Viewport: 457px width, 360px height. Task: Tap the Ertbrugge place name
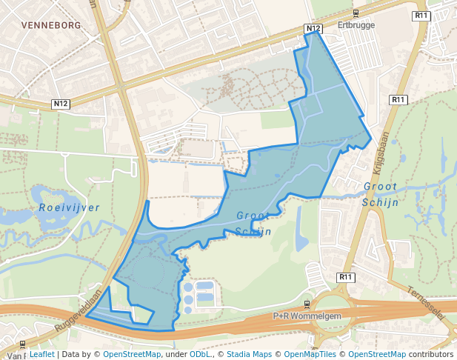pyautogui.click(x=356, y=24)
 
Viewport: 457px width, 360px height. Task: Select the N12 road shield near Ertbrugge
pyautogui.click(x=313, y=29)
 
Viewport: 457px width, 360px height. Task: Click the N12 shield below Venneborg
pyautogui.click(x=61, y=104)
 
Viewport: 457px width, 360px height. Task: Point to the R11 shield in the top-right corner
pyautogui.click(x=421, y=16)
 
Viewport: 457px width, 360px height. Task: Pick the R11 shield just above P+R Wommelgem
pyautogui.click(x=346, y=277)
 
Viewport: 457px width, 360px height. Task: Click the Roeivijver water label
pyautogui.click(x=70, y=207)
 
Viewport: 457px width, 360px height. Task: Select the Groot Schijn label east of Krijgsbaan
pyautogui.click(x=381, y=194)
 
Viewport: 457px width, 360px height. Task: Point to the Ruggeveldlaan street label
pyautogui.click(x=79, y=315)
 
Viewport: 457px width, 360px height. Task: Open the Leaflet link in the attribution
pyautogui.click(x=41, y=354)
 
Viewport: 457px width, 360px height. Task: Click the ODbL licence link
pyautogui.click(x=199, y=354)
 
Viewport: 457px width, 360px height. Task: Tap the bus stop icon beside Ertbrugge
pyautogui.click(x=356, y=13)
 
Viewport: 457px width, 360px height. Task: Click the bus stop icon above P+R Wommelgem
pyautogui.click(x=307, y=304)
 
